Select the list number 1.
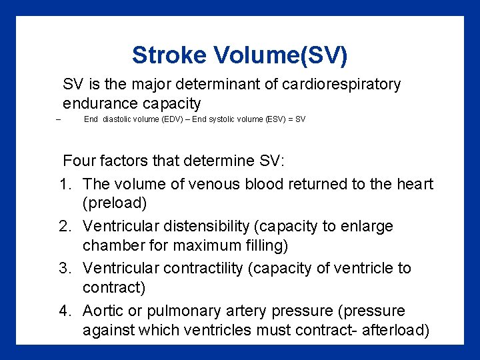[x=65, y=184]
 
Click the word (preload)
[x=113, y=203]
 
